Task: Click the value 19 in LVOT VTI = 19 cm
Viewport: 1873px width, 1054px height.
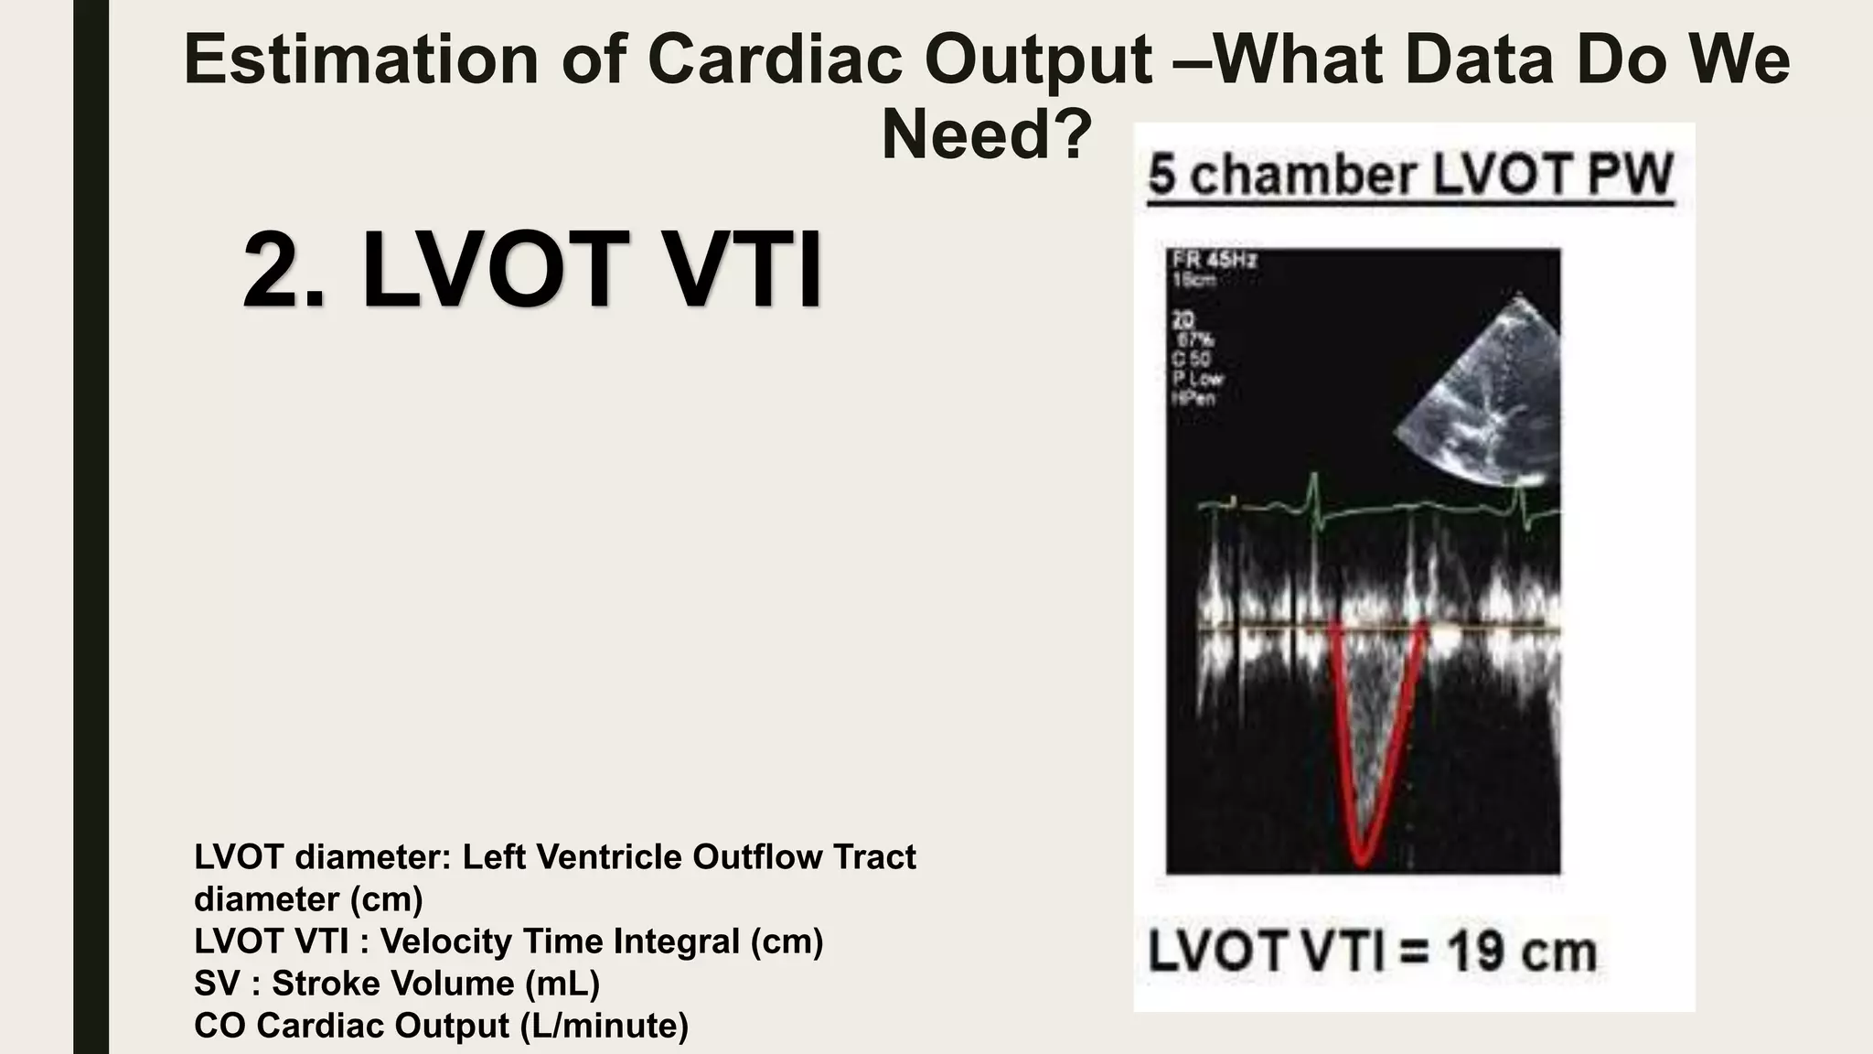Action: tap(1476, 952)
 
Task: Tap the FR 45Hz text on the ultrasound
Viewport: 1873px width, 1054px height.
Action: tap(1215, 259)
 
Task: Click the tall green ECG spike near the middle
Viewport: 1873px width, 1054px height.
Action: tap(1315, 494)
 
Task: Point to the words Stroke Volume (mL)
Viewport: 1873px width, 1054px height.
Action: tap(436, 984)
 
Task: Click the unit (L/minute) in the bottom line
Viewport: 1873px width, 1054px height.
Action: tap(604, 1026)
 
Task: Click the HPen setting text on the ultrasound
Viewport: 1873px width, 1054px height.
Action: tap(1194, 398)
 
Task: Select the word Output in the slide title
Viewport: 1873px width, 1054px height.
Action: tap(1037, 60)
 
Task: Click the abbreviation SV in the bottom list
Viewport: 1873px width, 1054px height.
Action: tap(216, 984)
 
